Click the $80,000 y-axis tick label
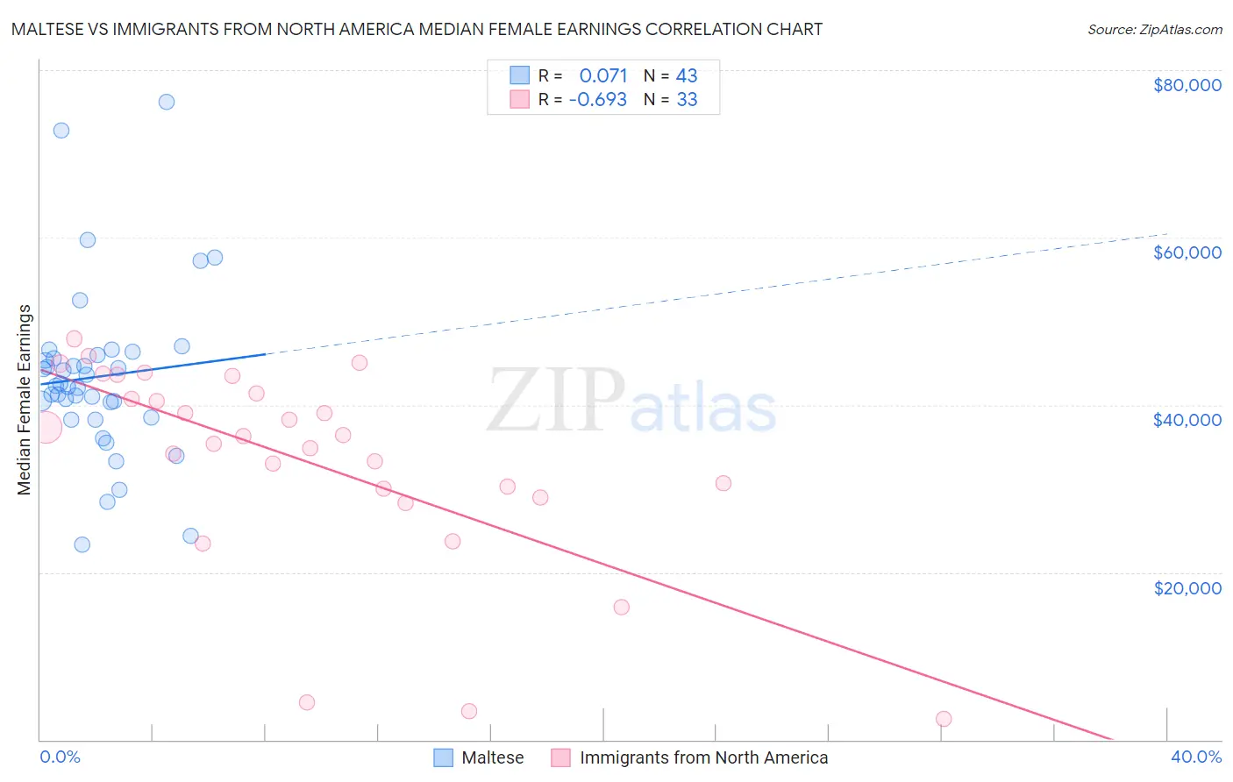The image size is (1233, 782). tap(1187, 85)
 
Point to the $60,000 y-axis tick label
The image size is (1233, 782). tap(1187, 252)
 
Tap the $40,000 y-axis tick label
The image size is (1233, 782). tap(1187, 420)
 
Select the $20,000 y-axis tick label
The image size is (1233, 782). tap(1187, 587)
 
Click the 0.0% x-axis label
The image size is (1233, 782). tap(60, 757)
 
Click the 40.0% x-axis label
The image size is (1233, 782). tap(1195, 757)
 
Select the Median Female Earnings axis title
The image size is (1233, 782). tap(25, 400)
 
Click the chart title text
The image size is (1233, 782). tap(417, 29)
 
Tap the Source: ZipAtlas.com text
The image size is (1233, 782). tap(1154, 29)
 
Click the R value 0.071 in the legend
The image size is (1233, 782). tap(603, 75)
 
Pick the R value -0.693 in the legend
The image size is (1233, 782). tap(598, 99)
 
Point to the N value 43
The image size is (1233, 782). tap(687, 75)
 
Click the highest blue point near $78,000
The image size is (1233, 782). tap(167, 102)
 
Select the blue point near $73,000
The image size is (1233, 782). tap(61, 131)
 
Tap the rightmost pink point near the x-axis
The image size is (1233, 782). tap(944, 719)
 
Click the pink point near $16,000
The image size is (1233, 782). tap(622, 608)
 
